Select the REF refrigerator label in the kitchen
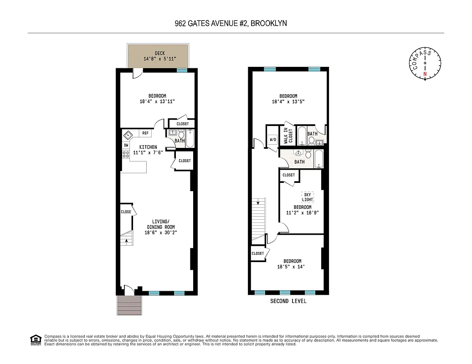[145, 133]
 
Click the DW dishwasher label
[126, 145]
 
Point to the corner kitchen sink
[128, 135]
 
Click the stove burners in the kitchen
[126, 155]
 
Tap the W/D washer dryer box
[273, 140]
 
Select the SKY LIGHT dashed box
[308, 197]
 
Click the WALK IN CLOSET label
[288, 136]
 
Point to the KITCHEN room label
[148, 147]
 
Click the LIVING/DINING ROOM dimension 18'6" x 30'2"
[160, 233]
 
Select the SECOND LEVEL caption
[288, 301]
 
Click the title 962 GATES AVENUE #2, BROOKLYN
[231, 23]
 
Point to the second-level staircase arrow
[258, 202]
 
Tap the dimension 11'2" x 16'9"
[302, 212]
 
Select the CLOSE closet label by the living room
[126, 212]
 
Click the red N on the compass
[425, 74]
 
